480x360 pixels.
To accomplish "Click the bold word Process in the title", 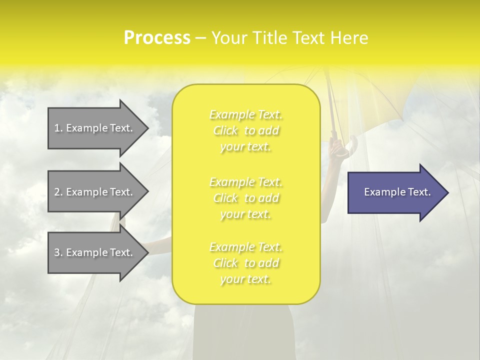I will (x=157, y=38).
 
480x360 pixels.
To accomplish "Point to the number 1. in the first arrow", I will (x=58, y=128).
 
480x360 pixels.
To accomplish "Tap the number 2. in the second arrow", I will (x=58, y=192).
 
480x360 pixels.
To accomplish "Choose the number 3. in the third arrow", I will (x=58, y=252).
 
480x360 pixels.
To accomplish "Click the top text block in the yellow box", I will (x=246, y=130).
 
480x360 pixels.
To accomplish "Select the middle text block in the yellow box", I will (x=246, y=198).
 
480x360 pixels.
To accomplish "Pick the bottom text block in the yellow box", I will (x=246, y=263).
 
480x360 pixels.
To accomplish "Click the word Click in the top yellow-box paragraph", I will (x=226, y=131).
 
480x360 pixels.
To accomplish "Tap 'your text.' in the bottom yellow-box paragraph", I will (x=245, y=279).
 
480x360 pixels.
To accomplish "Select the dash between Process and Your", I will (x=201, y=38).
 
